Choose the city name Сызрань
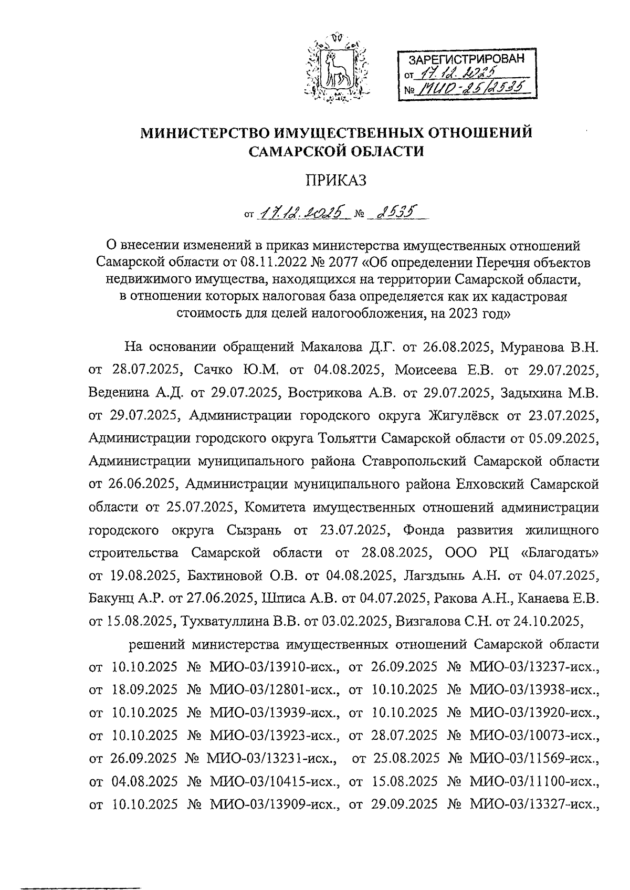coord(254,530)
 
